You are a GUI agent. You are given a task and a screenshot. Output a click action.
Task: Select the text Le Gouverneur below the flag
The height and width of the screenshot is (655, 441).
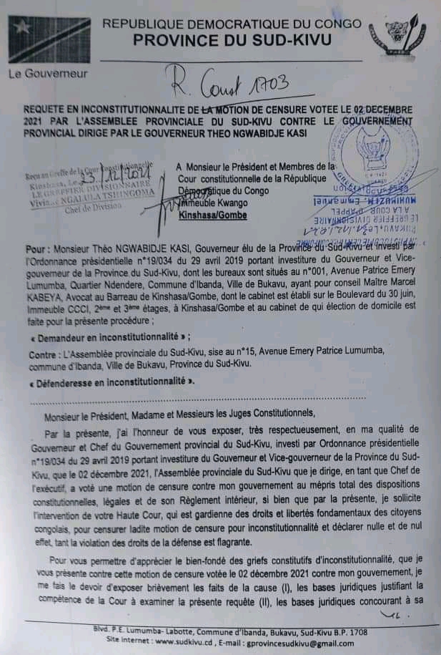pyautogui.click(x=39, y=73)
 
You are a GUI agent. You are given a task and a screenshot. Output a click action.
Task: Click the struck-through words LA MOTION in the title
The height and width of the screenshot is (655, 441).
pyautogui.click(x=245, y=110)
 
